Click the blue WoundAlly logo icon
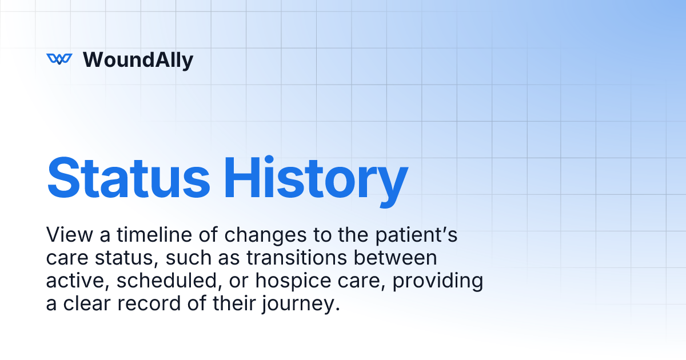[x=59, y=59]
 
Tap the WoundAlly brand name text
[x=138, y=59]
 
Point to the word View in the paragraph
[x=66, y=235]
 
